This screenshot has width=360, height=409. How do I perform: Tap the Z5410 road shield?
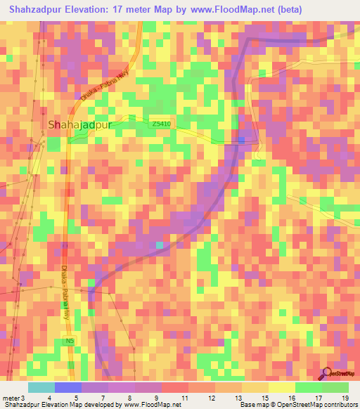[x=160, y=124]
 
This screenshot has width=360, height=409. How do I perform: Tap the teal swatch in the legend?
[x=41, y=387]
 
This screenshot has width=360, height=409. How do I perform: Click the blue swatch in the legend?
[x=67, y=387]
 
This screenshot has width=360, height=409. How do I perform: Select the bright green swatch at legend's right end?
[x=335, y=387]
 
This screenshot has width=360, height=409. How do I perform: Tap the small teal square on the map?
[x=160, y=245]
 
